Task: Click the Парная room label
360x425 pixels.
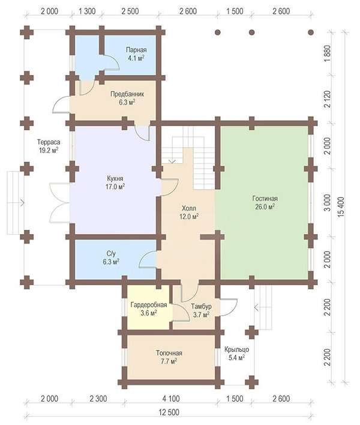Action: pyautogui.click(x=136, y=54)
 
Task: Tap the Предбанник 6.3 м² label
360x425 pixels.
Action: pyautogui.click(x=127, y=98)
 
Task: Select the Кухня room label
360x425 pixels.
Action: pyautogui.click(x=115, y=182)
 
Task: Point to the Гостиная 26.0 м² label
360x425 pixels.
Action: pyautogui.click(x=265, y=202)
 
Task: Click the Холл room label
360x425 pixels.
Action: pyautogui.click(x=189, y=212)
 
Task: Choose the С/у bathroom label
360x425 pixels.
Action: pyautogui.click(x=111, y=258)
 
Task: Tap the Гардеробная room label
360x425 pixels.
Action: pyautogui.click(x=149, y=309)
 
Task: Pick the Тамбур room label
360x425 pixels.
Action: pyautogui.click(x=201, y=310)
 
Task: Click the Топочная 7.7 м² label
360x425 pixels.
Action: pyautogui.click(x=169, y=357)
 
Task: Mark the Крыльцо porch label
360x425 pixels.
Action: pyautogui.click(x=236, y=354)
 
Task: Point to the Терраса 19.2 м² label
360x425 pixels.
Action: pyautogui.click(x=49, y=146)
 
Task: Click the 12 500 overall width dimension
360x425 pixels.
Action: pyautogui.click(x=169, y=412)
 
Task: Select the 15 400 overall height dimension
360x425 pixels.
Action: pyautogui.click(x=341, y=206)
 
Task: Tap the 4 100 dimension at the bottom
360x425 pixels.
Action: pyautogui.click(x=171, y=399)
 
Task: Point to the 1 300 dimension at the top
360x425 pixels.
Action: pyautogui.click(x=87, y=11)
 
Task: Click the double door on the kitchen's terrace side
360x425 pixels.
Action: pyautogui.click(x=60, y=203)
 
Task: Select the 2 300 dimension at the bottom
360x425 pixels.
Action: pyautogui.click(x=98, y=399)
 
